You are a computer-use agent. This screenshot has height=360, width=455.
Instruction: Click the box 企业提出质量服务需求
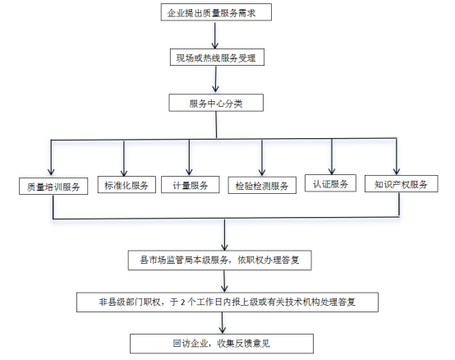point(216,12)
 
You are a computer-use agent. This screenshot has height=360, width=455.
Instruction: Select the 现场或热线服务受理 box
point(217,58)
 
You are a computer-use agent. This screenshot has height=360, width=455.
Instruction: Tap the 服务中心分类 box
point(216,103)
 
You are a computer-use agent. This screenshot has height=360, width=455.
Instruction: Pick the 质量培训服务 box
point(53,186)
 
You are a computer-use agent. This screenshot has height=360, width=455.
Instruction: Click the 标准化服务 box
point(126,185)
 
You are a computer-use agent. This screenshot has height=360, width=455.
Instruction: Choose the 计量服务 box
point(191,185)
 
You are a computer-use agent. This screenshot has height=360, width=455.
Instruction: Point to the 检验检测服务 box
point(262,185)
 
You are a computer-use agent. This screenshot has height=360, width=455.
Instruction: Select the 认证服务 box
point(330,183)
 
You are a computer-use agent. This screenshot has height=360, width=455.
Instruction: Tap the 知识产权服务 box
point(402,184)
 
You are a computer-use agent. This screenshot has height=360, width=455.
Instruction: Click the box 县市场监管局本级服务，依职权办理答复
point(220,260)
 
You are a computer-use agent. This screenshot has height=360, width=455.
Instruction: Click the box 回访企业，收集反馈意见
point(222,344)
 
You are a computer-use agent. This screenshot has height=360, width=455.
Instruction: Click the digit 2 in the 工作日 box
point(182,302)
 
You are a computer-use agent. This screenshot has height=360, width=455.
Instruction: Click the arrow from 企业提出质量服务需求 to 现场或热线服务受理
point(215,35)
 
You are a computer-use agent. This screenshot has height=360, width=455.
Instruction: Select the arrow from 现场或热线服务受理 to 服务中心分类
point(216,79)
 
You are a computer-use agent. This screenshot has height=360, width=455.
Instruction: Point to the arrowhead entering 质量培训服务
point(51,171)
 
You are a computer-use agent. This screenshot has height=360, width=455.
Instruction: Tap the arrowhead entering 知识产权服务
point(397,171)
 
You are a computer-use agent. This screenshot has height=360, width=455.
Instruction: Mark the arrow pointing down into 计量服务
point(189,157)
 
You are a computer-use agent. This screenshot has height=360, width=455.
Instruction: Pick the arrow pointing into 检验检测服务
point(262,157)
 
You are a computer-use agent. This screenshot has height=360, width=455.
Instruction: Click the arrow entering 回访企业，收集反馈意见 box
point(223,322)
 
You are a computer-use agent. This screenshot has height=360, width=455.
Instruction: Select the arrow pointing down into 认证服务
point(332,156)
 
